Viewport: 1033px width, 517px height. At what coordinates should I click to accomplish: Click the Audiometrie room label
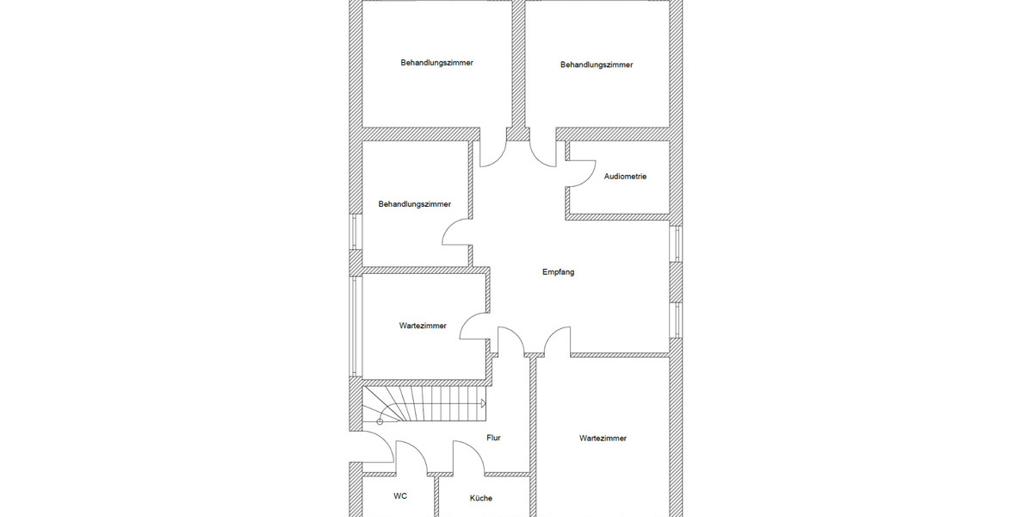coord(625,177)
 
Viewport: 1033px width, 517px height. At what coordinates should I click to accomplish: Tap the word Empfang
coord(558,272)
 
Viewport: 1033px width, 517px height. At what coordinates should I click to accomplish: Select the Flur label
coord(493,438)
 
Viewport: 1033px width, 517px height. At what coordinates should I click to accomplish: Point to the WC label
coord(400,496)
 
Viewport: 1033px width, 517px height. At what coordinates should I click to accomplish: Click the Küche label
coord(481,498)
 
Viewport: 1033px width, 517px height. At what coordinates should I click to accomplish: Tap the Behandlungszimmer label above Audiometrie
coord(597,65)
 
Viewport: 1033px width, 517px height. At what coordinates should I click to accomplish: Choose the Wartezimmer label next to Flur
coord(603,439)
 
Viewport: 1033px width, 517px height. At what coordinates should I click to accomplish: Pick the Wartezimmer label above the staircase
coord(423,326)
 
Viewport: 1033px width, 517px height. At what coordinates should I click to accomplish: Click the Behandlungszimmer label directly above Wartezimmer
coord(414,204)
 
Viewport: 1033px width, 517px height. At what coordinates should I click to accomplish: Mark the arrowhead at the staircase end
coord(483,403)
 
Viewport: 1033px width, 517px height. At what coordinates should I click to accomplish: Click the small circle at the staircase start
coord(380,421)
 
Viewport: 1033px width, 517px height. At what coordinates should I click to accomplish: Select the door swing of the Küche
coord(466,455)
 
